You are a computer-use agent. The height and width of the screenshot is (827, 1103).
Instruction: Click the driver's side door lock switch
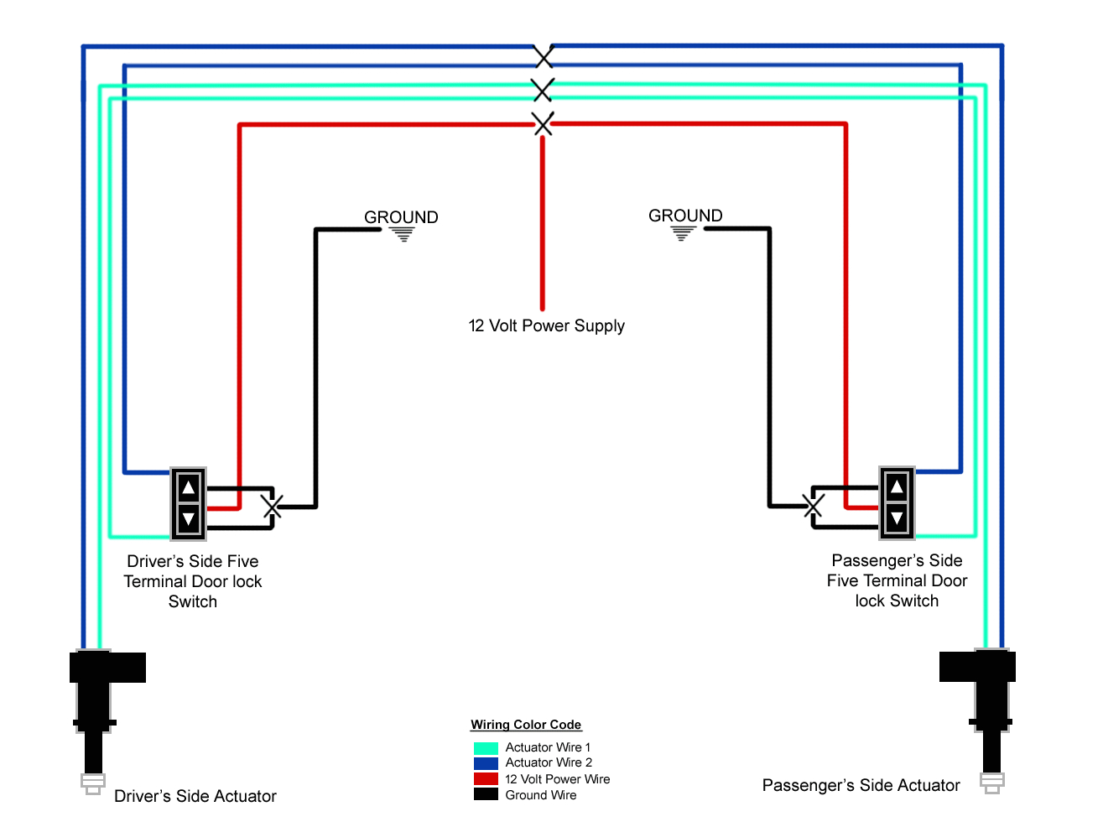pos(189,503)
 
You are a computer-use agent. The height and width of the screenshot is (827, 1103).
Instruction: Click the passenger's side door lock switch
pos(897,502)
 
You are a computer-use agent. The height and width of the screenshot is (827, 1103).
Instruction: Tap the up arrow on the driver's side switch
pos(189,487)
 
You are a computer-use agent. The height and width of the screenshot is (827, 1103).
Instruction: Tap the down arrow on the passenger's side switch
pos(897,518)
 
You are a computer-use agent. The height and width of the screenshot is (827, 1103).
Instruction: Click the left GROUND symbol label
pos(401,218)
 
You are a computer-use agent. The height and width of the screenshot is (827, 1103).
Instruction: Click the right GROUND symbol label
pos(685,216)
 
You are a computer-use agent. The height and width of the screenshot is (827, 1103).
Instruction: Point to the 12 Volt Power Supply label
pos(546,325)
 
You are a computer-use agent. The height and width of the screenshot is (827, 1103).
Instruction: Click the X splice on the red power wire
pos(544,124)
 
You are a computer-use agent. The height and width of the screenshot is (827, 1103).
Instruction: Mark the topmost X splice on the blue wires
pos(544,56)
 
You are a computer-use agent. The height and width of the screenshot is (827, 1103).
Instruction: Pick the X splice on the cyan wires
pos(543,90)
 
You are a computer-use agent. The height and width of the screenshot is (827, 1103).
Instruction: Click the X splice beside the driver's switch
pos(272,507)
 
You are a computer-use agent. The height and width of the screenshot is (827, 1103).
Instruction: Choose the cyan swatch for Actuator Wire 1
pos(486,748)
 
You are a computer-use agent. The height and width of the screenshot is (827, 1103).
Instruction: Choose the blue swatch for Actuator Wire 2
pos(486,763)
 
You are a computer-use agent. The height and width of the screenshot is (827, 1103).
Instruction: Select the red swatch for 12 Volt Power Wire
pos(486,779)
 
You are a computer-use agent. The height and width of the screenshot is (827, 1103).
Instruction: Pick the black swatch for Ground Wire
pos(486,794)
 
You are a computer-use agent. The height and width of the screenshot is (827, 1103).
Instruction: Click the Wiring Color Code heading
pos(526,725)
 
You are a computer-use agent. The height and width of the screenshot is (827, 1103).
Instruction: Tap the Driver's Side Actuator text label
pos(195,796)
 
